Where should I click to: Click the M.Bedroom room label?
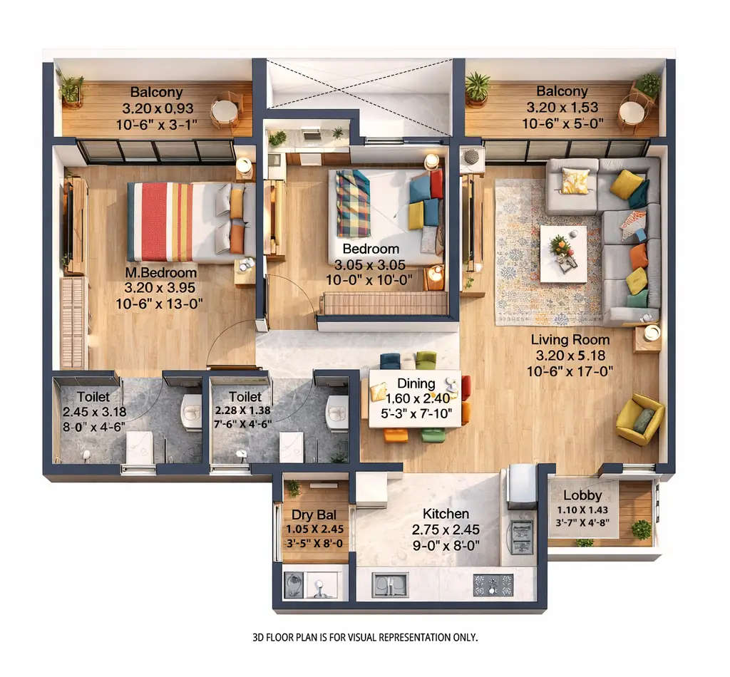click(160, 273)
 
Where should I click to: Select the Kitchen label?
click(446, 514)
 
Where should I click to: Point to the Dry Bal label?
click(314, 515)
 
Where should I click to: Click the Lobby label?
click(582, 495)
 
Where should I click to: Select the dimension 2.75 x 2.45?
click(446, 529)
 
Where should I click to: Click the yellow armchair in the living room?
click(639, 419)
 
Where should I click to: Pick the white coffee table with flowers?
click(563, 254)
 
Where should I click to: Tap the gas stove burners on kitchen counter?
click(493, 585)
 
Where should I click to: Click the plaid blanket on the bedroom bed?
click(353, 203)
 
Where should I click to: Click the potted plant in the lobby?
click(641, 529)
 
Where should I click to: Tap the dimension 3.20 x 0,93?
click(156, 109)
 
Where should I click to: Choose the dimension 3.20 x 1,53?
click(562, 108)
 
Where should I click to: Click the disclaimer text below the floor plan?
click(365, 636)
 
